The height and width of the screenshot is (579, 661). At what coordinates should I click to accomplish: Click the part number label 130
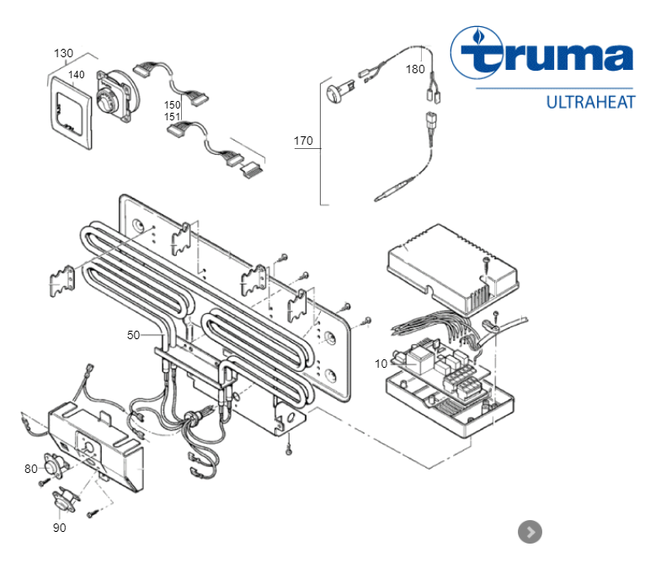coord(63,54)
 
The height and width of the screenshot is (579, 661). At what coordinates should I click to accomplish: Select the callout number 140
coord(77,75)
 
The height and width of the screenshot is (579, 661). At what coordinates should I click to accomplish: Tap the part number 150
coord(173,104)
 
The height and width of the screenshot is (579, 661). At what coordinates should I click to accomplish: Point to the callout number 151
coord(173,116)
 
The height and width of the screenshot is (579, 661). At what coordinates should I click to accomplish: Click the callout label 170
coord(303,141)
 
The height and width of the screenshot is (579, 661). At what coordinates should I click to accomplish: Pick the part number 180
coord(415,69)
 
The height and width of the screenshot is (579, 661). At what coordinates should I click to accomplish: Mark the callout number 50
coord(133,335)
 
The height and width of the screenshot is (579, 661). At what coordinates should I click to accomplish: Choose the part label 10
coord(381,364)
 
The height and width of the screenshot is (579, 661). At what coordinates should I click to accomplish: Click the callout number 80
coord(30,469)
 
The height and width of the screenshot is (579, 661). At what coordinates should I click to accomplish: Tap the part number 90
coord(59,528)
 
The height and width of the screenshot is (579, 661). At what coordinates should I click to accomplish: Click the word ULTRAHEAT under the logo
coord(590,103)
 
